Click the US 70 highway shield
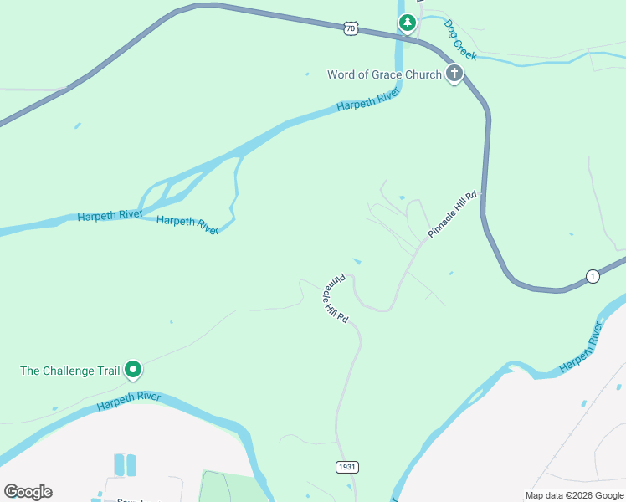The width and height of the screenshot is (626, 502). point(350,28)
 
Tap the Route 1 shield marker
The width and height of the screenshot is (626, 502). point(593,276)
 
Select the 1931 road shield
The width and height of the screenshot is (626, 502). point(347,467)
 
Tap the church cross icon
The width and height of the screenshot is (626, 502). point(454,74)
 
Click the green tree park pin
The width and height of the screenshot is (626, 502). point(407,23)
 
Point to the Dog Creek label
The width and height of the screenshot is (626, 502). point(460,40)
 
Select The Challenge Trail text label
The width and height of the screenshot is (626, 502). point(69,370)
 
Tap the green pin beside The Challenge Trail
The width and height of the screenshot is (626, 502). point(132,369)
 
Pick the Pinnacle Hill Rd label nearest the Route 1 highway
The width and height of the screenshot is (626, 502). point(452,215)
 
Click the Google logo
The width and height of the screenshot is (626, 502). point(28,492)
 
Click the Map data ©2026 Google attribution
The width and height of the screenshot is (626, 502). point(574,495)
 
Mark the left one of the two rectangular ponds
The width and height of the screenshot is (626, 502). point(118,465)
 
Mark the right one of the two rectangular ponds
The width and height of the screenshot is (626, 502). point(131,465)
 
